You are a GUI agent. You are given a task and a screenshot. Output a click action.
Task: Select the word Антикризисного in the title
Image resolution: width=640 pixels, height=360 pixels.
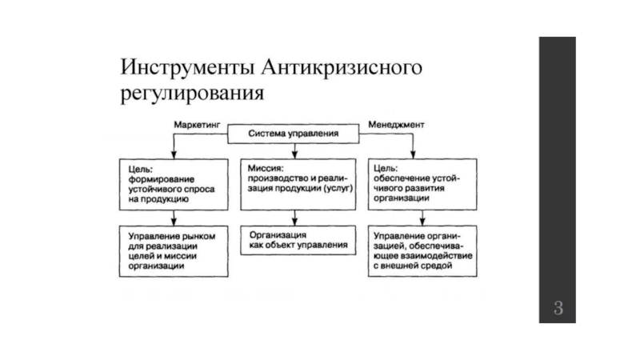(x=342, y=67)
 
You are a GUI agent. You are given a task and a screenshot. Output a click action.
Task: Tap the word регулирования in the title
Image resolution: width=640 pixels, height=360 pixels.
(x=192, y=94)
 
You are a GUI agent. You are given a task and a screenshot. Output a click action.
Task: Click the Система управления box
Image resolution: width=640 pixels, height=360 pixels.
(x=294, y=134)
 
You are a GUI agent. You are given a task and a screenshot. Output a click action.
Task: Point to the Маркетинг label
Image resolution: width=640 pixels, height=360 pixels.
(x=197, y=125)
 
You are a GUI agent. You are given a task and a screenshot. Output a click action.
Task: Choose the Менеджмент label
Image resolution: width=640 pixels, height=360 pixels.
(x=396, y=125)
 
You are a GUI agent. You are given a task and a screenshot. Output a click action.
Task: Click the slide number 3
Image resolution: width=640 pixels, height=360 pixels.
(x=558, y=307)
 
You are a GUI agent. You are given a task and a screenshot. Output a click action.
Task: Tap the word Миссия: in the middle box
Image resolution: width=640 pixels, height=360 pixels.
(x=266, y=168)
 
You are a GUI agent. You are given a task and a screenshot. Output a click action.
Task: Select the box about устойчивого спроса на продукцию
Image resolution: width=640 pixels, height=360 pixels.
(x=174, y=185)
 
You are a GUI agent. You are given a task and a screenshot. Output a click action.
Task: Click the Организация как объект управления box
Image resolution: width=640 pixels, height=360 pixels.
(x=298, y=241)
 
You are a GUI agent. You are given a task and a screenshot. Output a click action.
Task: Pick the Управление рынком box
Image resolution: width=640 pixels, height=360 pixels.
(x=174, y=251)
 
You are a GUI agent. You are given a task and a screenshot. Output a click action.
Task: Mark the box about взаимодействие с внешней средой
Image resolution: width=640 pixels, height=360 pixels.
(x=422, y=251)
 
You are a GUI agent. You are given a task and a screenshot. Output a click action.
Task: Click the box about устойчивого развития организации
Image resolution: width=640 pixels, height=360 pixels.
(x=422, y=185)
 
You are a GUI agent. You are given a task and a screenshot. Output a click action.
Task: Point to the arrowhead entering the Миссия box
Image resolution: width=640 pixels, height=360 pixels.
(x=294, y=154)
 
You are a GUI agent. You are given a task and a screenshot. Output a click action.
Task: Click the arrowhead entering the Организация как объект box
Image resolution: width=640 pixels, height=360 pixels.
(x=294, y=222)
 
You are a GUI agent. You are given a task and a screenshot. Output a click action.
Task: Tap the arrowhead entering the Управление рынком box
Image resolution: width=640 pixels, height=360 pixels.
(x=174, y=222)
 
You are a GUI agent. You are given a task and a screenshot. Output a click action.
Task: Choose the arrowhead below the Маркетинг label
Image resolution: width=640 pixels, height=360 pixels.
(x=174, y=154)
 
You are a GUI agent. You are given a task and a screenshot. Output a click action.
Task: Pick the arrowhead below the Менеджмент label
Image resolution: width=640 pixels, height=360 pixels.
(x=413, y=154)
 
